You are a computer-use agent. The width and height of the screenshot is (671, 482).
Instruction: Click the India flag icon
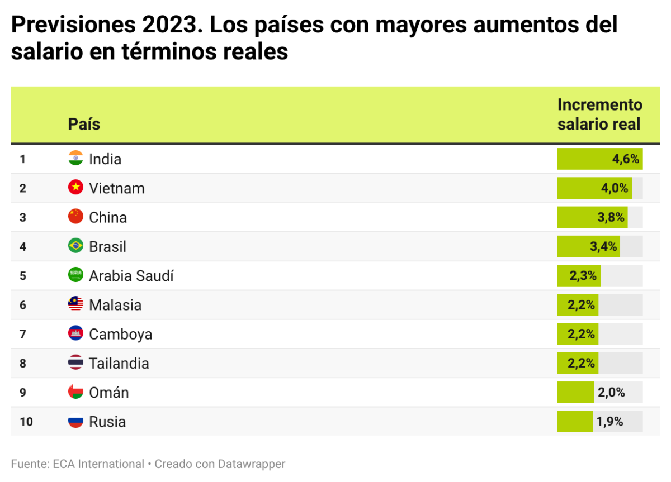pos(75,159)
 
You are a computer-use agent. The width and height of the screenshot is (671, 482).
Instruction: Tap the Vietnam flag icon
pos(75,188)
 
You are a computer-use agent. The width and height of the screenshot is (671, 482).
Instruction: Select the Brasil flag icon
pos(75,246)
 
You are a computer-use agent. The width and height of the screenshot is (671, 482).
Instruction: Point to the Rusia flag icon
pos(75,422)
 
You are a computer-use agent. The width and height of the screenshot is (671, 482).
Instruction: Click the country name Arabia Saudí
pos(131,276)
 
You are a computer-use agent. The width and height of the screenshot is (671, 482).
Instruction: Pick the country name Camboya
pos(120,335)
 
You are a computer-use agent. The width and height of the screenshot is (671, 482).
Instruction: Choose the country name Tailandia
pos(119,364)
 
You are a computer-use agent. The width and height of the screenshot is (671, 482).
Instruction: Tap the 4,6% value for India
pos(625,159)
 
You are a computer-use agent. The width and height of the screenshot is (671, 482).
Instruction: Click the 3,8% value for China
pos(611,218)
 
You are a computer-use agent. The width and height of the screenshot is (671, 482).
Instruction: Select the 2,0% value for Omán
pos(611,393)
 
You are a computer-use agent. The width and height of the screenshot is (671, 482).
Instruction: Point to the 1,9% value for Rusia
pos(609,422)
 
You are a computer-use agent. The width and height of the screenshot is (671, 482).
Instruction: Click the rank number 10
pos(26,422)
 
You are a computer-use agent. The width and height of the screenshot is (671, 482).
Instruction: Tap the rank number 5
pos(23,276)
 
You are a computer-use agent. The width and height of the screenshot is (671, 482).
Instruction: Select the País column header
pos(84,123)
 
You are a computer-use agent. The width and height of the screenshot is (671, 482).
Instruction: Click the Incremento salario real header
pos(599,114)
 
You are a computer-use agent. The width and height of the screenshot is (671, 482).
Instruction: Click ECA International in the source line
pos(98,464)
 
